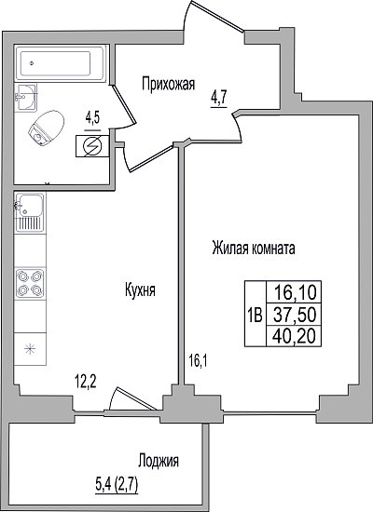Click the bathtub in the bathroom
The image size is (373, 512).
61,62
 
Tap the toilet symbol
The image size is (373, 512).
47,128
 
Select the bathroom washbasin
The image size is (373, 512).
25,98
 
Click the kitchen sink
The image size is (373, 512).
30,212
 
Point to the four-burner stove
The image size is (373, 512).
30,283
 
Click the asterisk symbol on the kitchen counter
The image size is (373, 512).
30,349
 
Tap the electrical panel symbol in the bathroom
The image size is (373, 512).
92,146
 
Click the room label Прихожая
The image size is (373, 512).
168,84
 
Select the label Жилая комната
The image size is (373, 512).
254,249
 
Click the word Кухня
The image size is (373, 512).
140,290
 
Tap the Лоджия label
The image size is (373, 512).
159,461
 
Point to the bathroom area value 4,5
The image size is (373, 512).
92,118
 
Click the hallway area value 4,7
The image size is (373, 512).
219,98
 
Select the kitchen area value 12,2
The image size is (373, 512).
85,381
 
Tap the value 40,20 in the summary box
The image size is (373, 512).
295,336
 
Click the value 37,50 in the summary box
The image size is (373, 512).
295,315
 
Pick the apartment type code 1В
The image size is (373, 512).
255,316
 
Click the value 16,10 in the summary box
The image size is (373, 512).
295,292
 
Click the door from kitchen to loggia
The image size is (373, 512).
131,399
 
